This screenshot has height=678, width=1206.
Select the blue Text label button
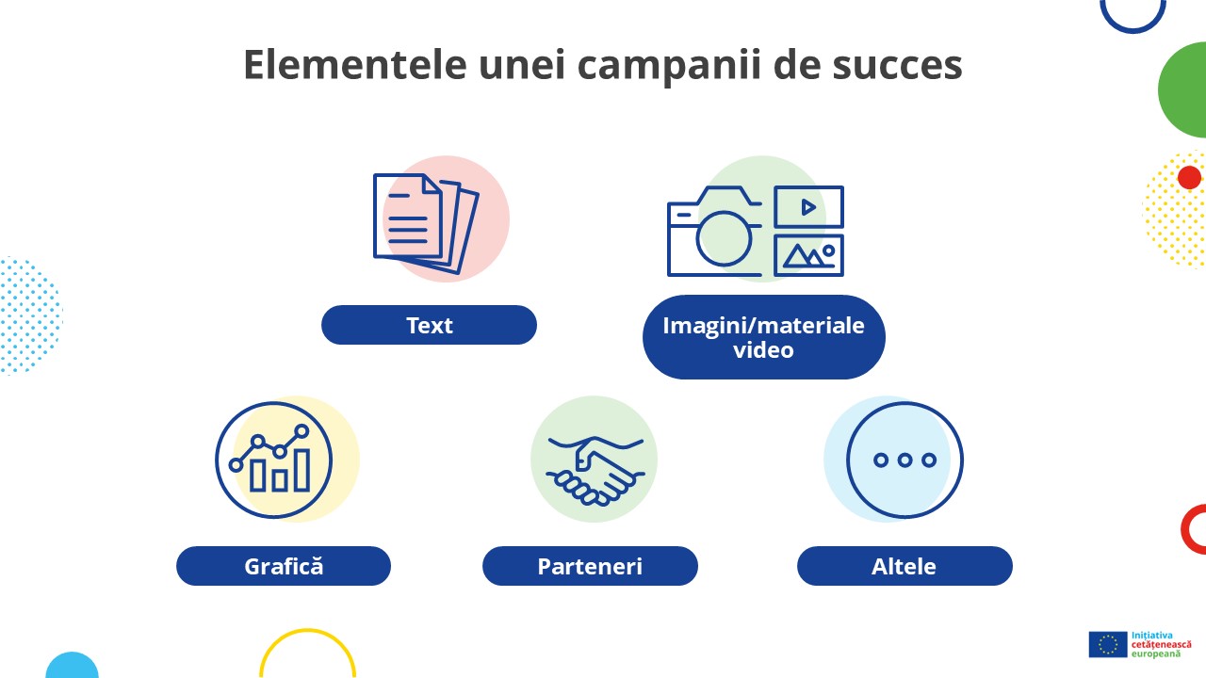[x=429, y=325]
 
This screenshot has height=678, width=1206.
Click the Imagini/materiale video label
[x=763, y=337]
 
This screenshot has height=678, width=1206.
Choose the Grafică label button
[x=283, y=566]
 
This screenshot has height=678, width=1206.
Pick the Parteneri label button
[x=590, y=566]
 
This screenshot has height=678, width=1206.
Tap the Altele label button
[x=904, y=566]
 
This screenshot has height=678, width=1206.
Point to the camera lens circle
[x=724, y=236]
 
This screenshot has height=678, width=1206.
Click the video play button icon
[x=808, y=207]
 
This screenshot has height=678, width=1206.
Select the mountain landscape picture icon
[x=808, y=255]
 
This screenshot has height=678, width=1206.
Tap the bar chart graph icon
[x=274, y=460]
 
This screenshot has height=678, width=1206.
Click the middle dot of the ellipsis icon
[x=904, y=460]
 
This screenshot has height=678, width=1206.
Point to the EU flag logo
[x=1108, y=644]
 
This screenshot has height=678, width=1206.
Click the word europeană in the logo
[x=1155, y=654]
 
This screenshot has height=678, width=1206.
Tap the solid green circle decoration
[x=1186, y=90]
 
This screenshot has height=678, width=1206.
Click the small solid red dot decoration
[x=1189, y=177]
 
